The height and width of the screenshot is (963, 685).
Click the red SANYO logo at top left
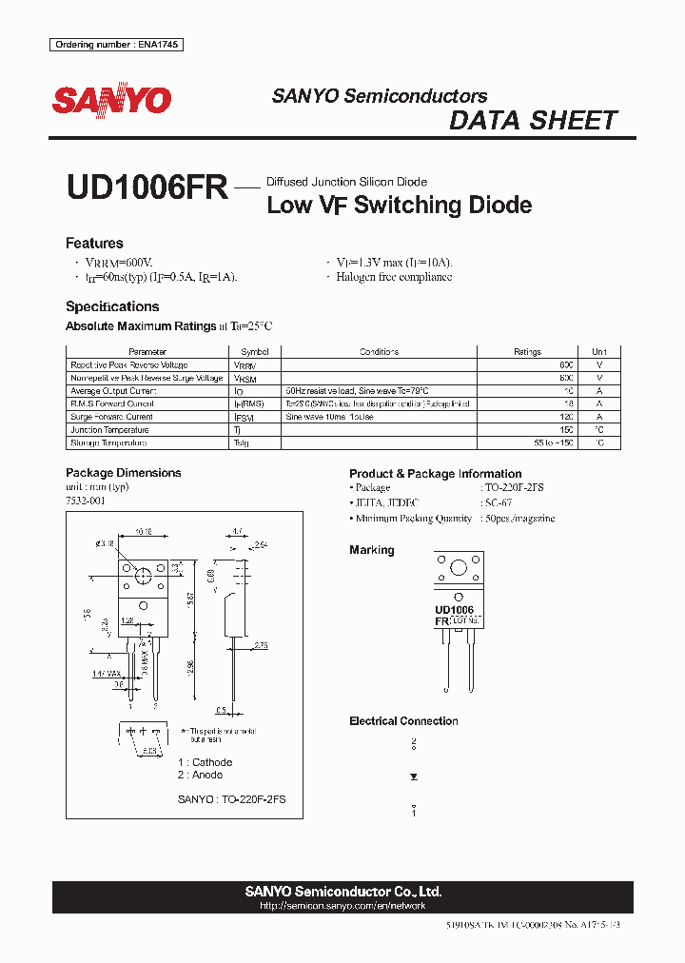111,100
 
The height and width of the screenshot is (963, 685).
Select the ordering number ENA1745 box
117,45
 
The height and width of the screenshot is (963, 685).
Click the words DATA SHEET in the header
533,121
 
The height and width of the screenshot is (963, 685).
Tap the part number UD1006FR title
147,187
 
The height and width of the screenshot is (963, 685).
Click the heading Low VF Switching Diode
399,205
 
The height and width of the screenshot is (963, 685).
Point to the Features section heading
94,244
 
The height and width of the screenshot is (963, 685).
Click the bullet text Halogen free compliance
394,277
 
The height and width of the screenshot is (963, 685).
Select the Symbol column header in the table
255,352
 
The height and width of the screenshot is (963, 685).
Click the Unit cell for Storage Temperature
599,443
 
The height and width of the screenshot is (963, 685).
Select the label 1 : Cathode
205,762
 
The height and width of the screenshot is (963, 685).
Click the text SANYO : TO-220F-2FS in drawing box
231,800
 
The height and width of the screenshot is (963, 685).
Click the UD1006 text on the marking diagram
454,609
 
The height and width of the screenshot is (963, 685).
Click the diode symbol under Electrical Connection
413,776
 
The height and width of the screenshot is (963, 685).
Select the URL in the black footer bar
342,907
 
